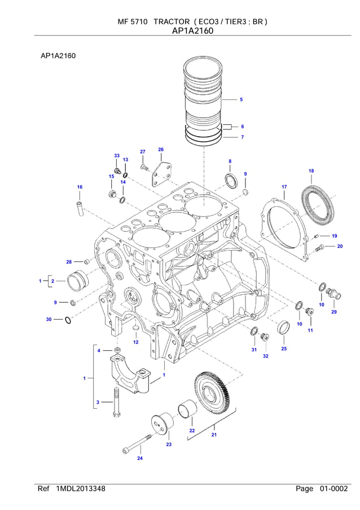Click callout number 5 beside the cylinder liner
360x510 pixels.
pos(241,99)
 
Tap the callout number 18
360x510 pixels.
pos(311,171)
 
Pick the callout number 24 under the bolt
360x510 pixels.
pos(140,458)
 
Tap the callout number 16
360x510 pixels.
pos(80,187)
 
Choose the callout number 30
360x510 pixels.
pos(49,320)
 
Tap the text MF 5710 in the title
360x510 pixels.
pos(132,21)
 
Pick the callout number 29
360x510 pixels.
pos(333,312)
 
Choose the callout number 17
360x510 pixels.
pos(284,186)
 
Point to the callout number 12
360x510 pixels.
pos(135,342)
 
